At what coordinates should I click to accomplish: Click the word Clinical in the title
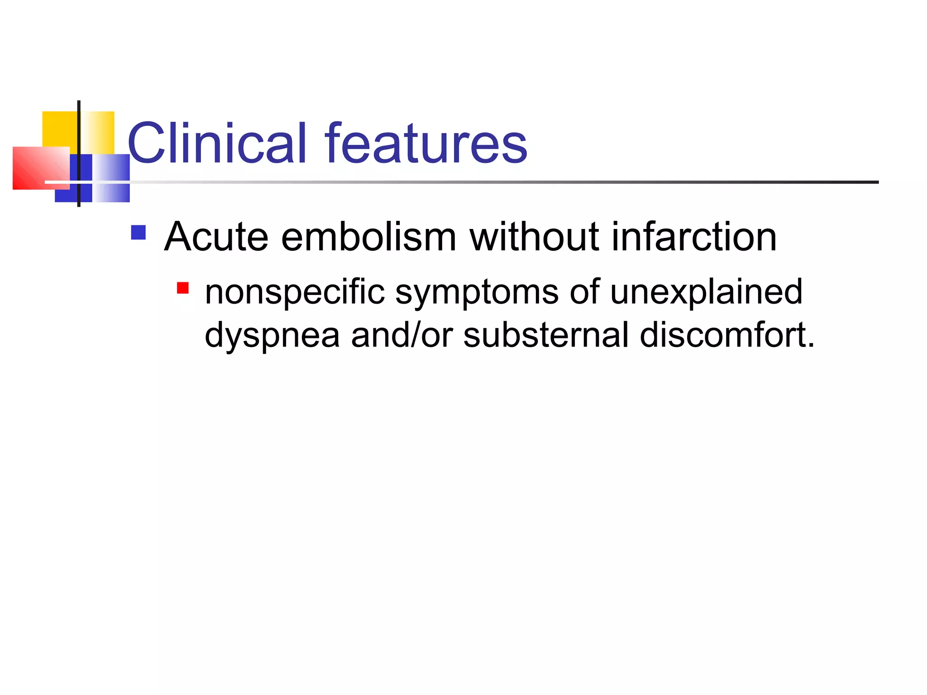click(217, 143)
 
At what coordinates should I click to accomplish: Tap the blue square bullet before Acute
click(138, 233)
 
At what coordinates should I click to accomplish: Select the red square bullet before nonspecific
click(182, 288)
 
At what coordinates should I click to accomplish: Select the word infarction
click(694, 237)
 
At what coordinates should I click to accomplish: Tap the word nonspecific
click(294, 293)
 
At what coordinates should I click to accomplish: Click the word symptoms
click(477, 293)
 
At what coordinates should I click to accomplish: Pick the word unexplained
click(706, 293)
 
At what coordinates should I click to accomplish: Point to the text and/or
click(401, 335)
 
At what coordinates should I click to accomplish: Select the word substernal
click(545, 335)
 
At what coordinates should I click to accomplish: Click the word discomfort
click(726, 335)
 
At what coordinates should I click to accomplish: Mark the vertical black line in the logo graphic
click(79, 136)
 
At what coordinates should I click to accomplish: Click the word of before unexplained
click(584, 292)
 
